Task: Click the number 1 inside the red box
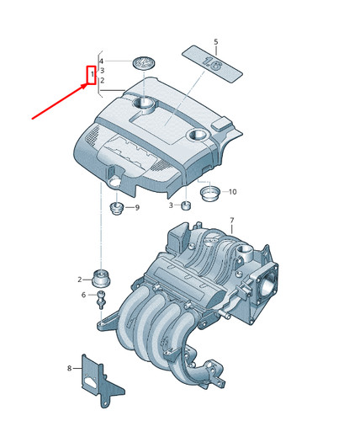(92, 75)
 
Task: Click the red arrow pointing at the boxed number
(60, 101)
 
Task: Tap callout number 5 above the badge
(215, 42)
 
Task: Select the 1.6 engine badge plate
(212, 64)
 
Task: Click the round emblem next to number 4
(144, 63)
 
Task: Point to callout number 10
(232, 192)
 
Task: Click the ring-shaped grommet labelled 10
(209, 193)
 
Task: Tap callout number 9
(137, 207)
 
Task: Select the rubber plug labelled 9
(116, 208)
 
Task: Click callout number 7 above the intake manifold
(231, 221)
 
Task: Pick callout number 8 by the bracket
(69, 368)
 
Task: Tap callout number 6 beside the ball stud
(83, 295)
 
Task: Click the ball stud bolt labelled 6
(101, 300)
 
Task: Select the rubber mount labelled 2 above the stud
(101, 278)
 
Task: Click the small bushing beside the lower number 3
(186, 205)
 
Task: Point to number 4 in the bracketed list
(102, 61)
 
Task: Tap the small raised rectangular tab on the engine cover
(222, 124)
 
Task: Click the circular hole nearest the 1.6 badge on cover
(199, 135)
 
